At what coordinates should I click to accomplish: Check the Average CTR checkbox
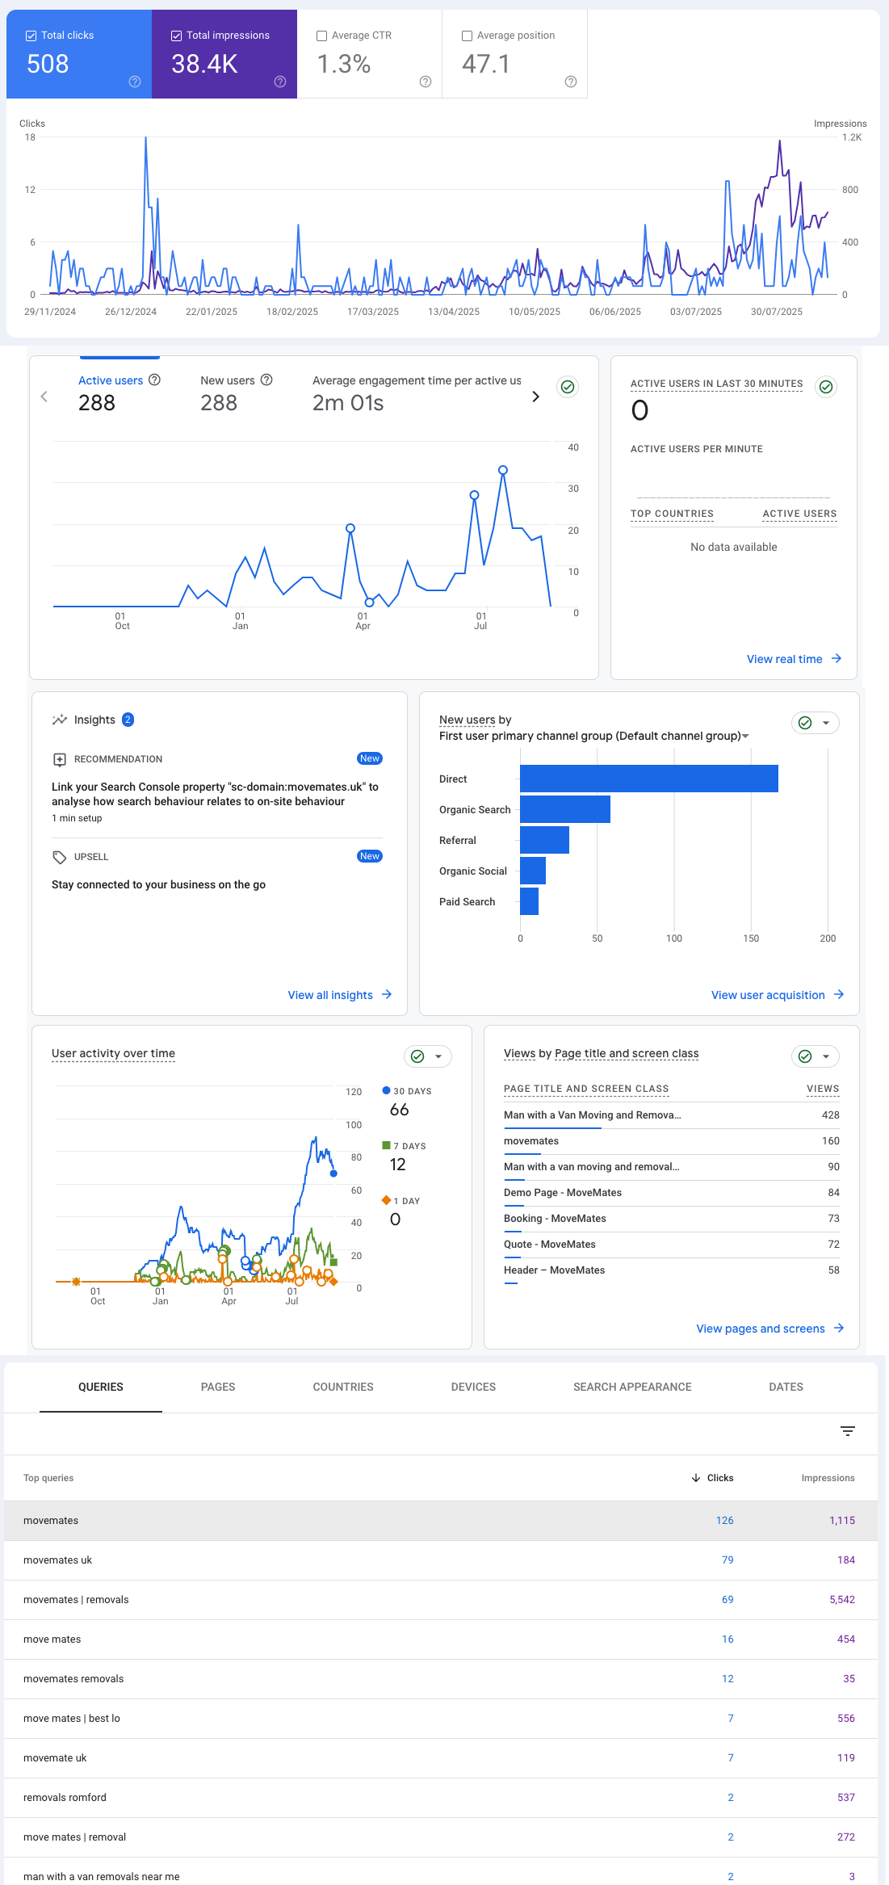click(321, 36)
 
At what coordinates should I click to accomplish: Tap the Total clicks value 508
click(48, 64)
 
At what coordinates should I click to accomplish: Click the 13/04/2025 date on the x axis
click(454, 312)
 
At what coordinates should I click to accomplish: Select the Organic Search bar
click(565, 809)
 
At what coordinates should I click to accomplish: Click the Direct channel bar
click(648, 779)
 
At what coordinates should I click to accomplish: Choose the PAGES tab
click(218, 1387)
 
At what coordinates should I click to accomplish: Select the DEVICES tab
click(473, 1387)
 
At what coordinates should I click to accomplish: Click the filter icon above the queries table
click(848, 1431)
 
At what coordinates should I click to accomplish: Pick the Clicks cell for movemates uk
click(728, 1560)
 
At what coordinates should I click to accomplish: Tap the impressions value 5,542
click(841, 1599)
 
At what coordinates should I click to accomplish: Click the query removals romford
click(65, 1797)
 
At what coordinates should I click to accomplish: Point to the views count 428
click(830, 1115)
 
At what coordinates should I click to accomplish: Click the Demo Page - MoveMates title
click(563, 1192)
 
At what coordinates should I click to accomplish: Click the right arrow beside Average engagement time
click(535, 397)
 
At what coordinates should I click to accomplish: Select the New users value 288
click(219, 403)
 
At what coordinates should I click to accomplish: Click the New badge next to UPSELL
click(370, 856)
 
